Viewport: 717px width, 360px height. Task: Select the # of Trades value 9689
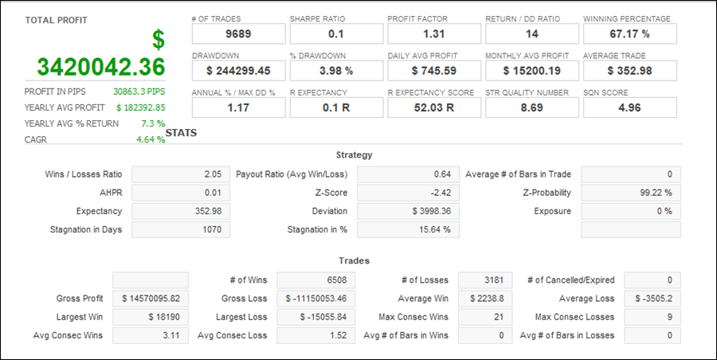238,33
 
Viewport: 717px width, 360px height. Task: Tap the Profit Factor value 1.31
434,33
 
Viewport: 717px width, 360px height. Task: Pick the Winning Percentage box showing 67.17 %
629,33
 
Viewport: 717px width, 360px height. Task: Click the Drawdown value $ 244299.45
238,71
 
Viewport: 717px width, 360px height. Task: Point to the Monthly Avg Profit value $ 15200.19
531,71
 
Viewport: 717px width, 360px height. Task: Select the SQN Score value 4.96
629,108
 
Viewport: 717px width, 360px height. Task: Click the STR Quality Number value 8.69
531,108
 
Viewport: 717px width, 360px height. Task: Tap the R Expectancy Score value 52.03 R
434,108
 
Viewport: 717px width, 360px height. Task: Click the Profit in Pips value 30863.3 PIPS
139,92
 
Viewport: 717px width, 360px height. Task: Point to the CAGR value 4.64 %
151,139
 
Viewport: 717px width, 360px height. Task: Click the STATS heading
182,133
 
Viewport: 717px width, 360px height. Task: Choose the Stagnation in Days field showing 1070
180,229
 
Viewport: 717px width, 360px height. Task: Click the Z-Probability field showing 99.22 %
630,193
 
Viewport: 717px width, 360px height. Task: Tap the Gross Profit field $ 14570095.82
151,299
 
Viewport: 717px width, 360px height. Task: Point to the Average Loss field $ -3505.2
652,299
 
